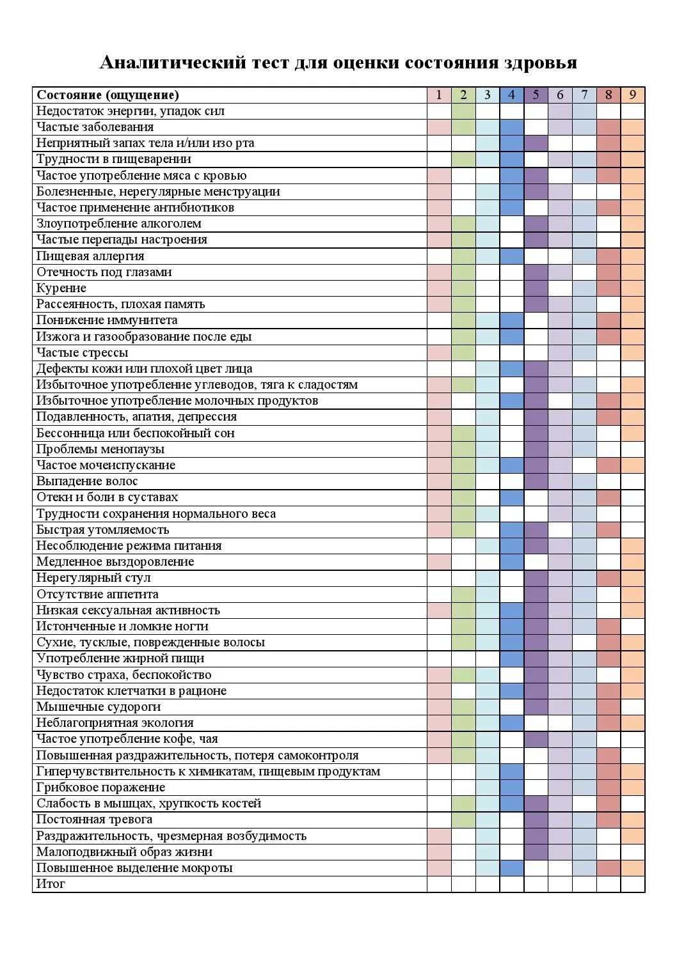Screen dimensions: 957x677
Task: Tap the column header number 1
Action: point(439,95)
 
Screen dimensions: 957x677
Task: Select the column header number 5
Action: point(536,95)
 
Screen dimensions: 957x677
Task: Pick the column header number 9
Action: point(633,95)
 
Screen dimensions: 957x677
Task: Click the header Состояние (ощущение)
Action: point(108,95)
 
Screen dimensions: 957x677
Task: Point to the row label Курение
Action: point(61,288)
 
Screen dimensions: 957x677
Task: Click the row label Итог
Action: point(51,884)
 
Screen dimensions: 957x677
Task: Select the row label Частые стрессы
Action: point(82,353)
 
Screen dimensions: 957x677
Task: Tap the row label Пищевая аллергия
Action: point(90,256)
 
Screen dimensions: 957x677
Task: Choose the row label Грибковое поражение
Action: point(100,788)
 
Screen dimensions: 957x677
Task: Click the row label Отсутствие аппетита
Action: point(97,595)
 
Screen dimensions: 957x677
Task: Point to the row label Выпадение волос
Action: point(87,481)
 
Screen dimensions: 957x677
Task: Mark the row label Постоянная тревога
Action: point(94,820)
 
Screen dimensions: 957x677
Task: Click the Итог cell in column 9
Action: point(633,884)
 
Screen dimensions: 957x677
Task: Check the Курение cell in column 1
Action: point(439,288)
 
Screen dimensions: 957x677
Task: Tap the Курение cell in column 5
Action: point(536,288)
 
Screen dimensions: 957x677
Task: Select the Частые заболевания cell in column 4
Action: point(512,127)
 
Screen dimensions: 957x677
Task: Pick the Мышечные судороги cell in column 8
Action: point(609,707)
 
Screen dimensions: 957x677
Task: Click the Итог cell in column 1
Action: point(439,884)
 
